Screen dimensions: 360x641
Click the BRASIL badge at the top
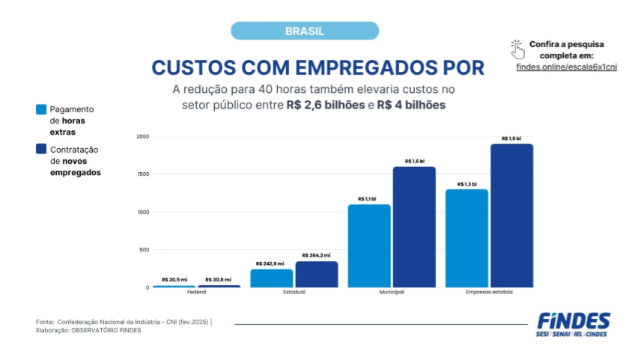click(x=304, y=31)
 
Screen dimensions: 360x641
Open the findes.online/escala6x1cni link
click(x=566, y=67)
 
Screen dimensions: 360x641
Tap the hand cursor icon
click(x=517, y=49)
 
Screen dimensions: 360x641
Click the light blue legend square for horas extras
click(x=41, y=109)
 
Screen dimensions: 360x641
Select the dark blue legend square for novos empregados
click(x=41, y=150)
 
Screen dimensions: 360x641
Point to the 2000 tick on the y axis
click(x=143, y=137)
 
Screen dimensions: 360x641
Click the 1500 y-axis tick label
click(x=143, y=174)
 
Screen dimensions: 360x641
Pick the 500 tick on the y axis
click(x=145, y=250)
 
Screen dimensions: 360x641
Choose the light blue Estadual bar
click(x=272, y=278)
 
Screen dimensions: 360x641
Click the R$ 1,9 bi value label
click(x=511, y=138)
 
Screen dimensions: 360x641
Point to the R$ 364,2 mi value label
click(x=316, y=256)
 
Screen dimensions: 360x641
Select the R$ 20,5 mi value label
click(x=174, y=280)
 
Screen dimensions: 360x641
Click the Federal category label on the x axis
click(x=197, y=293)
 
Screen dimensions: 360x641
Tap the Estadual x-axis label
click(x=294, y=293)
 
